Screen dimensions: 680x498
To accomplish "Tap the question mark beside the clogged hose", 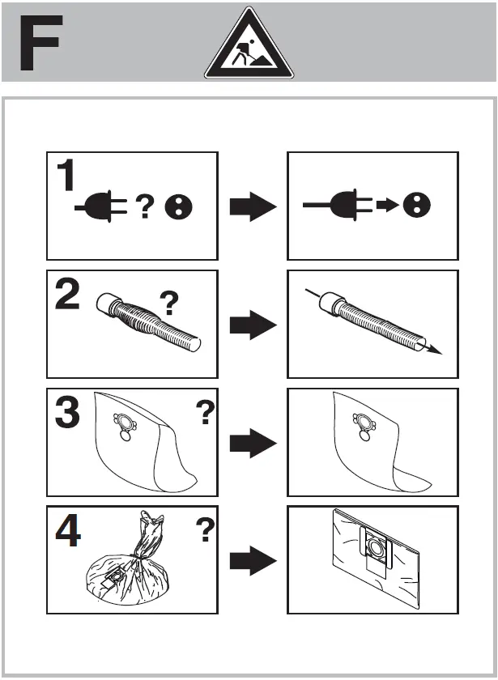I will [x=168, y=304].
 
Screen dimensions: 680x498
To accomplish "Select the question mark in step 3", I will [x=206, y=415].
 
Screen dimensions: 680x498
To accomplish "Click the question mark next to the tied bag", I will [x=206, y=532].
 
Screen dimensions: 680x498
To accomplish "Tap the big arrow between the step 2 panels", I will [x=253, y=327].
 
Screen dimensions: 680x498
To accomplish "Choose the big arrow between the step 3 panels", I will [x=253, y=444].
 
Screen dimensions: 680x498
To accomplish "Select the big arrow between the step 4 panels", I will [x=253, y=560].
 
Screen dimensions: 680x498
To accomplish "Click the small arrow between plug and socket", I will [x=388, y=206].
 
